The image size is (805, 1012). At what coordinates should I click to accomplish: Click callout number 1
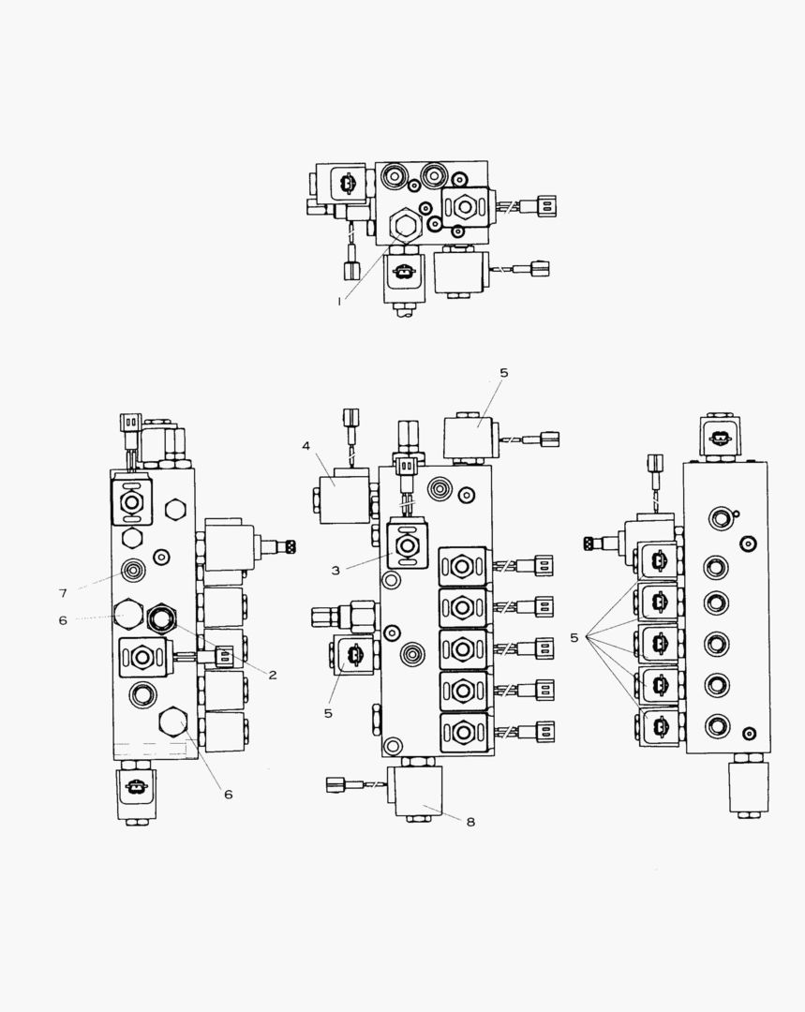point(341,301)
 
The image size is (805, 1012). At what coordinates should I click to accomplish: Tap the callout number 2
point(273,675)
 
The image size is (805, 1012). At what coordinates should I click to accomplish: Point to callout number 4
point(306,446)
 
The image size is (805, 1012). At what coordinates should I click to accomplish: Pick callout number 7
point(63,593)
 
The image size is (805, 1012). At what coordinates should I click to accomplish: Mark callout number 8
point(470,822)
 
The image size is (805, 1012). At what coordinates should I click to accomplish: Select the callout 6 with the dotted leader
point(63,620)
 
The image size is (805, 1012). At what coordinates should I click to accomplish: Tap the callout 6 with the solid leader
point(228,795)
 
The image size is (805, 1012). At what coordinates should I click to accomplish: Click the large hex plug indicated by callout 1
point(404,226)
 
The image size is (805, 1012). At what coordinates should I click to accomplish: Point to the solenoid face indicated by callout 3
point(408,545)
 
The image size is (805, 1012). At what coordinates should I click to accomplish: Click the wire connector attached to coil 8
point(337,784)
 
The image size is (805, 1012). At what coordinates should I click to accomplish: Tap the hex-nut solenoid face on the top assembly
point(461,205)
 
